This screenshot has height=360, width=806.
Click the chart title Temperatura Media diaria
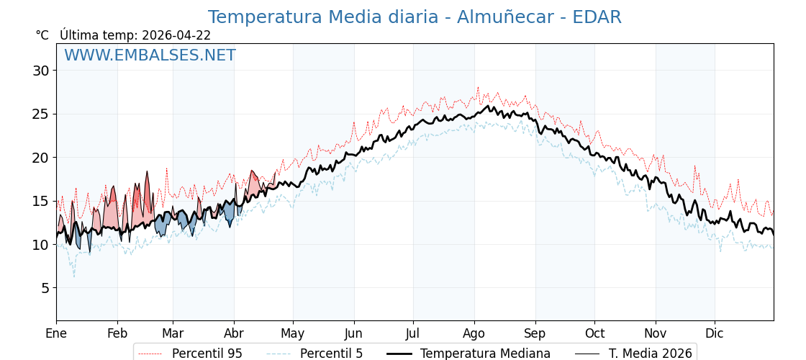414,17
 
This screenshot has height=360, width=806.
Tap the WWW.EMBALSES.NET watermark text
150,55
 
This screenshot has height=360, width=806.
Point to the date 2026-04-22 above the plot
176,35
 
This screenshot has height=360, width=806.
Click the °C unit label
42,35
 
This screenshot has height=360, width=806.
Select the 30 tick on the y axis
40,71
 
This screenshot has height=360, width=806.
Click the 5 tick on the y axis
45,288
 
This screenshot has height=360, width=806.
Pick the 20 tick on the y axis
40,158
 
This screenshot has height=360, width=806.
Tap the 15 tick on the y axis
40,201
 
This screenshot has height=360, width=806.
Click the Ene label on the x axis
56,334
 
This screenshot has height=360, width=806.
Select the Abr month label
234,334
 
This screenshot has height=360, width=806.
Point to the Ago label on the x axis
474,334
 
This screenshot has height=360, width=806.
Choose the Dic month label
715,334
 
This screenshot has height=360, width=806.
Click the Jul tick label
413,334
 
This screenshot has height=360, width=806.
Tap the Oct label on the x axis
594,334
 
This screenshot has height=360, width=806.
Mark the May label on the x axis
293,334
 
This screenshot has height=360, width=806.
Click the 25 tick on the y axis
40,114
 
